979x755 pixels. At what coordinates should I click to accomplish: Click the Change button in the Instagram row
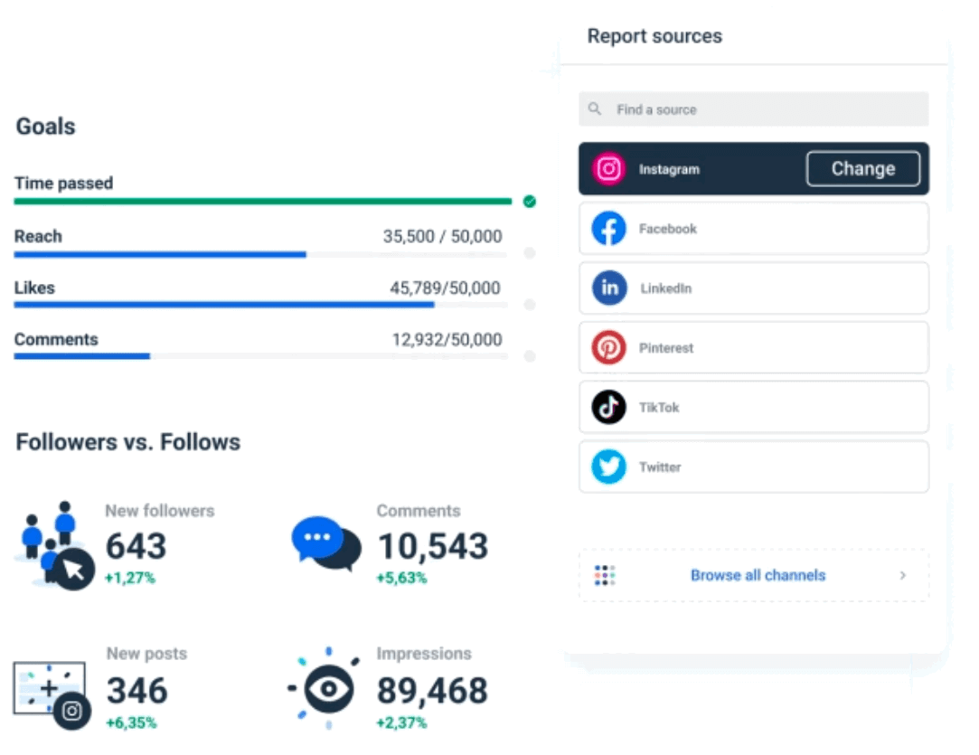pyautogui.click(x=862, y=169)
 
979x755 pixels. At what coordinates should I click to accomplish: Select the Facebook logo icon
pyautogui.click(x=608, y=229)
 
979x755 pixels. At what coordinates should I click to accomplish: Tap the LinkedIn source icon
pyautogui.click(x=608, y=288)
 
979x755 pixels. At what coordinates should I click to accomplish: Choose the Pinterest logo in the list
pyautogui.click(x=608, y=348)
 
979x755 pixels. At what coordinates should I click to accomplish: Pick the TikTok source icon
pyautogui.click(x=608, y=408)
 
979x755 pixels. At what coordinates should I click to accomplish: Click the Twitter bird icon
pyautogui.click(x=608, y=467)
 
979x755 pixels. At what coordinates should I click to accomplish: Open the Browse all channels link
pyautogui.click(x=758, y=575)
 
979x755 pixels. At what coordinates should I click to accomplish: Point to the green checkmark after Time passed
pyautogui.click(x=530, y=202)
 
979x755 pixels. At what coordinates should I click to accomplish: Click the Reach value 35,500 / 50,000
pyautogui.click(x=442, y=237)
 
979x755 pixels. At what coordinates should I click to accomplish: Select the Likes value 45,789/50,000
pyautogui.click(x=445, y=288)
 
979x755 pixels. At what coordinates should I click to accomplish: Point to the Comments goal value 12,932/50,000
pyautogui.click(x=447, y=340)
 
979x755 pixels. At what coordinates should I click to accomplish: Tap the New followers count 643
pyautogui.click(x=136, y=546)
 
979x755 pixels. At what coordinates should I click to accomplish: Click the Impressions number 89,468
pyautogui.click(x=431, y=691)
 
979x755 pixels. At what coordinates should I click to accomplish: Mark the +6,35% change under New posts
pyautogui.click(x=131, y=722)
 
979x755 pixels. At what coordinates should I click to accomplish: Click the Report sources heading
pyautogui.click(x=654, y=36)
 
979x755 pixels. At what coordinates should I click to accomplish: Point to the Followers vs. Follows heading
pyautogui.click(x=128, y=442)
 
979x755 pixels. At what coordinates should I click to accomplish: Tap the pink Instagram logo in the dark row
pyautogui.click(x=608, y=169)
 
